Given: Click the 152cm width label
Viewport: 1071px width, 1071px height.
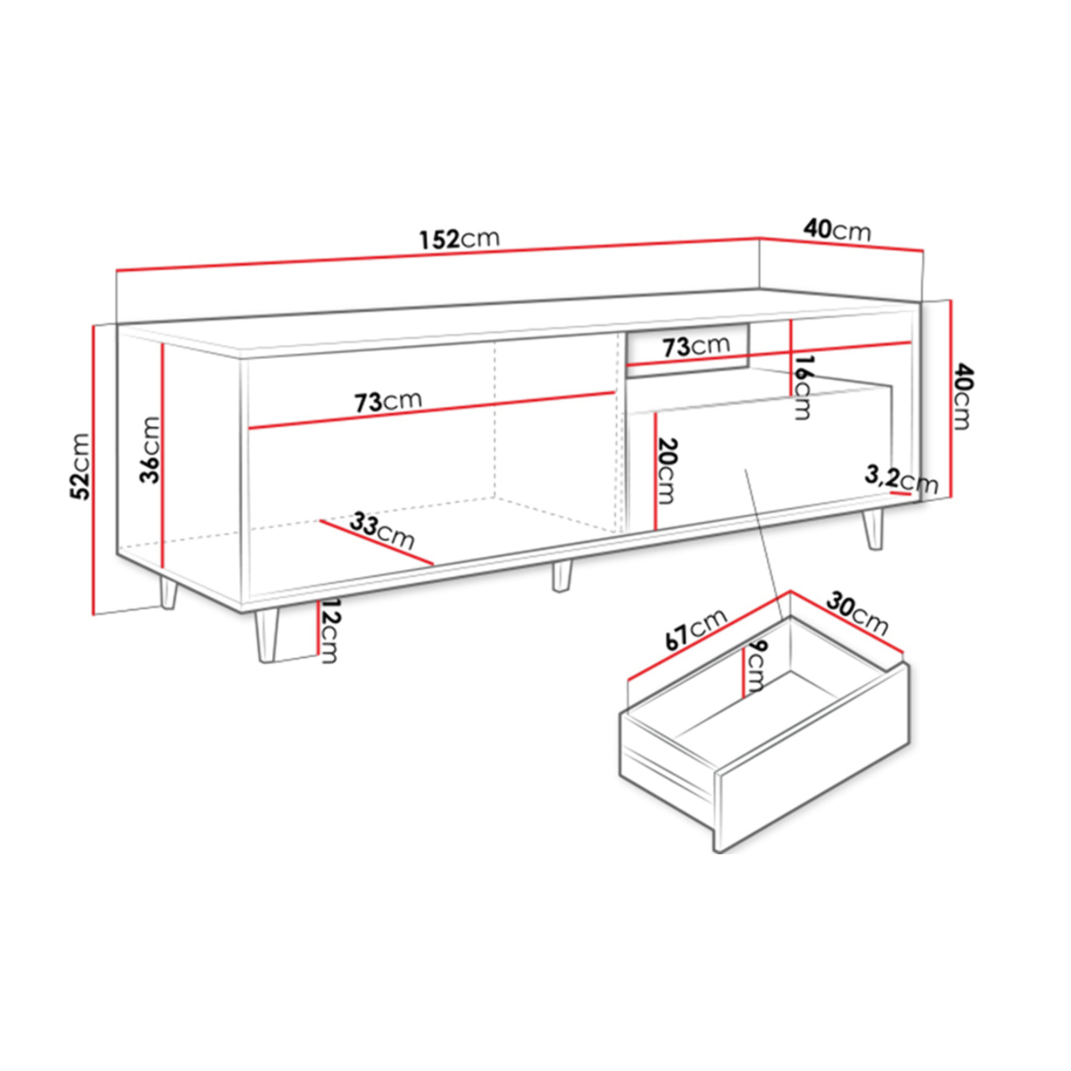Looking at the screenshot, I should (x=460, y=239).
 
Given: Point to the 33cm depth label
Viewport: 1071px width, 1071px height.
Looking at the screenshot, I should (x=382, y=532).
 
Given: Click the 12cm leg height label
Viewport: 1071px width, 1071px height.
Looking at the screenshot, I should (x=328, y=630).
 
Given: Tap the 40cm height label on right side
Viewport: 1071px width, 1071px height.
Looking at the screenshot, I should (x=963, y=396).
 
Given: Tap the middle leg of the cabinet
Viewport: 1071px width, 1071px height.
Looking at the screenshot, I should (x=561, y=576).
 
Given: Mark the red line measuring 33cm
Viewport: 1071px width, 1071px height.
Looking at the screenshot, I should (x=377, y=544).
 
